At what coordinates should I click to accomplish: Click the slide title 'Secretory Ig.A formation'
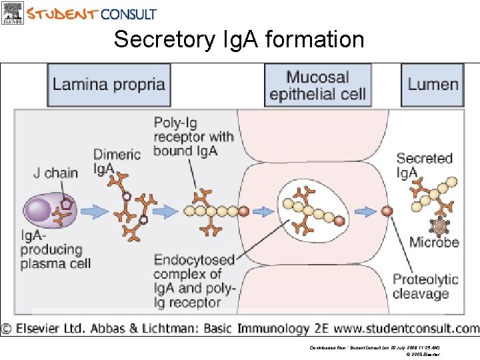[239, 40]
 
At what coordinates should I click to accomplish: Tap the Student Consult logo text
[92, 13]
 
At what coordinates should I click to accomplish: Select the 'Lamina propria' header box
[109, 85]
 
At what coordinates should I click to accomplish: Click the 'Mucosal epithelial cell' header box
[317, 85]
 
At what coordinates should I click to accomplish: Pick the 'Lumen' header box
[433, 85]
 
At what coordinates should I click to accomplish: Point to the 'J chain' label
[55, 173]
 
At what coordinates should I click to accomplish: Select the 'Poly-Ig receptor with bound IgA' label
[193, 137]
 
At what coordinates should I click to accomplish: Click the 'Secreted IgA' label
[424, 165]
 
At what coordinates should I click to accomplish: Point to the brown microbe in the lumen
[439, 225]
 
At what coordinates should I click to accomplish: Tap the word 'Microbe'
[434, 242]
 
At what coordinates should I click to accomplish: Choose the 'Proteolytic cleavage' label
[425, 287]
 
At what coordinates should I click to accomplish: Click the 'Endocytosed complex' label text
[194, 281]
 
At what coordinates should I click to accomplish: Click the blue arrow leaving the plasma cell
[97, 211]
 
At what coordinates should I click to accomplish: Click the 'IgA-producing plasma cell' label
[51, 249]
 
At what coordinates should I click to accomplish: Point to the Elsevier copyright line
[240, 328]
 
